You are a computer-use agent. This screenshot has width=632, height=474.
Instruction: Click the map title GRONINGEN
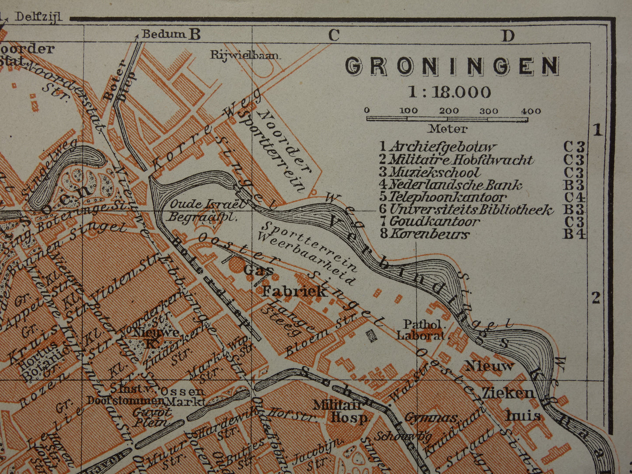pyautogui.click(x=452, y=66)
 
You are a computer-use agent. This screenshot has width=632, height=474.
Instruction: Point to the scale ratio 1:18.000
pyautogui.click(x=449, y=92)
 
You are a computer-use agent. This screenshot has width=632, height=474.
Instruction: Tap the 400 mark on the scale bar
pyautogui.click(x=531, y=111)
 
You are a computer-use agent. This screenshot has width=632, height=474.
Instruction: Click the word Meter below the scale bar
pyautogui.click(x=447, y=129)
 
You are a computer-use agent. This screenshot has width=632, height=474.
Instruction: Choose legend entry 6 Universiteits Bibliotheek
pyautogui.click(x=466, y=210)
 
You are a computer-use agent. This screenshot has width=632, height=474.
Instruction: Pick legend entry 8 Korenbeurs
pyautogui.click(x=424, y=234)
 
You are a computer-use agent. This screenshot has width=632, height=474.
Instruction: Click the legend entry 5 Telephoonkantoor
pyautogui.click(x=443, y=197)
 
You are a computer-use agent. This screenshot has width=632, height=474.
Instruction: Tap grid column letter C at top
pyautogui.click(x=334, y=35)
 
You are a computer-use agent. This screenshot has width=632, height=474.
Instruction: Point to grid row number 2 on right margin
pyautogui.click(x=596, y=298)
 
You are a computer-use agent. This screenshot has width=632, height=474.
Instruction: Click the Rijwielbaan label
pyautogui.click(x=245, y=55)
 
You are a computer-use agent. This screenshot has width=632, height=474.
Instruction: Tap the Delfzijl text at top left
pyautogui.click(x=38, y=17)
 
